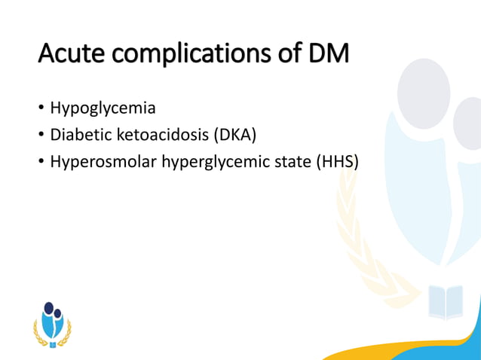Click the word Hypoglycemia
coord(103,108)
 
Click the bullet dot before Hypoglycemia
coord(41,109)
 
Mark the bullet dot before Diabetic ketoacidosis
coord(41,137)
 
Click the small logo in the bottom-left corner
coord(52,325)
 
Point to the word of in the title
coord(280,53)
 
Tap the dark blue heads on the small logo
coord(51,310)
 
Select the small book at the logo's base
coord(52,344)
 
